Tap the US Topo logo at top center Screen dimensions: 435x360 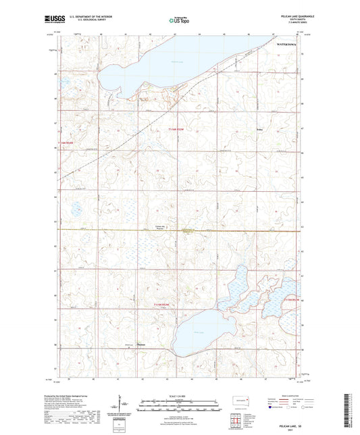click(179, 21)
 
